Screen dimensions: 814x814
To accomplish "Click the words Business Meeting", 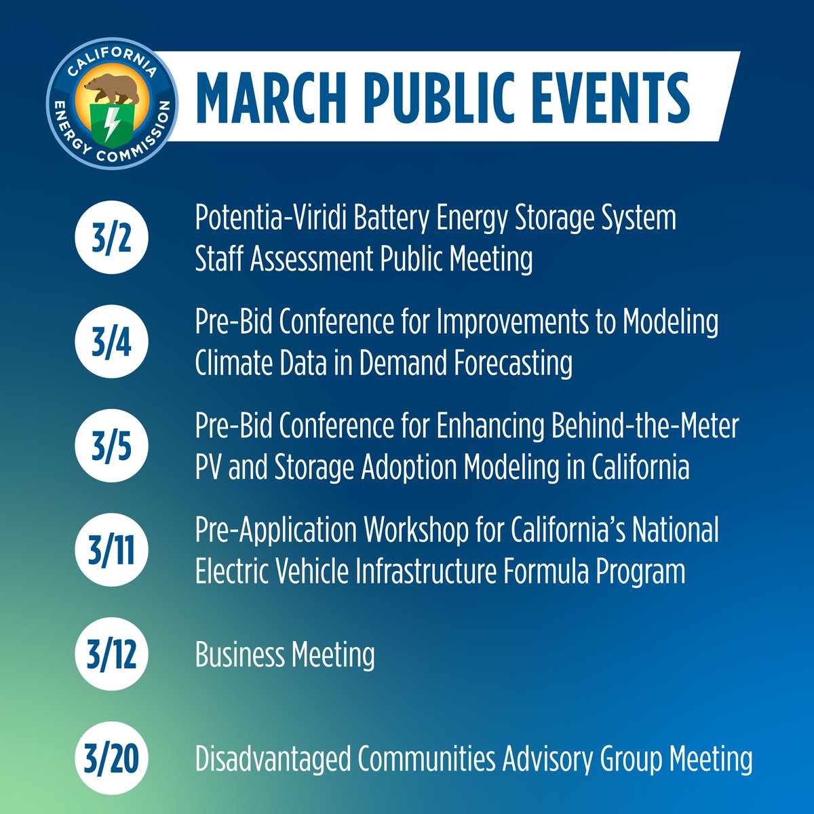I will [x=285, y=655].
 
